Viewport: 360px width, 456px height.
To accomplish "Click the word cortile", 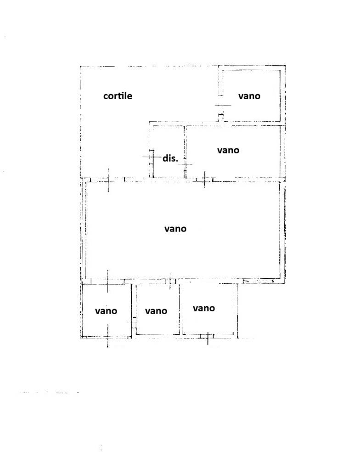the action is click(x=118, y=96).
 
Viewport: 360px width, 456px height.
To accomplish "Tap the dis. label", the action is click(x=170, y=158).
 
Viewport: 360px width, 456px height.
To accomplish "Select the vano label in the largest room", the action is click(x=175, y=229).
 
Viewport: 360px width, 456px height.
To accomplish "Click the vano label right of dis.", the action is click(x=228, y=150).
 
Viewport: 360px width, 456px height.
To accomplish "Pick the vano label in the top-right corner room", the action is click(x=249, y=96).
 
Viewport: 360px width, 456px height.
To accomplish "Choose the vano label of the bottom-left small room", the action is click(x=106, y=311).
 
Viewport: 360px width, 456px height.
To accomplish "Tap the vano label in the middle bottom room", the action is click(x=156, y=311).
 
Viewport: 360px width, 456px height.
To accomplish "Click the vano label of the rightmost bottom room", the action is click(x=204, y=308).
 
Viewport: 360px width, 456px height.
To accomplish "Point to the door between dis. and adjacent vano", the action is click(x=185, y=164).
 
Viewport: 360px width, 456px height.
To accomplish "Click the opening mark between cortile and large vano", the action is click(x=108, y=180).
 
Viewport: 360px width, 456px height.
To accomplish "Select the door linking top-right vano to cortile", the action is click(x=221, y=105).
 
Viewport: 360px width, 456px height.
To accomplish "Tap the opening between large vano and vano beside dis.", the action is click(x=205, y=180).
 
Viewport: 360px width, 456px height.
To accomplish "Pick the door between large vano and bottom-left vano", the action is click(x=107, y=281).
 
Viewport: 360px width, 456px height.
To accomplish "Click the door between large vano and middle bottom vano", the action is click(x=170, y=281).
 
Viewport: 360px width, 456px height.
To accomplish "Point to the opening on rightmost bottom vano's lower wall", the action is click(x=208, y=336).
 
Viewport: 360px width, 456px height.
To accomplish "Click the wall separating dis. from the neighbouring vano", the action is click(x=184, y=152).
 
